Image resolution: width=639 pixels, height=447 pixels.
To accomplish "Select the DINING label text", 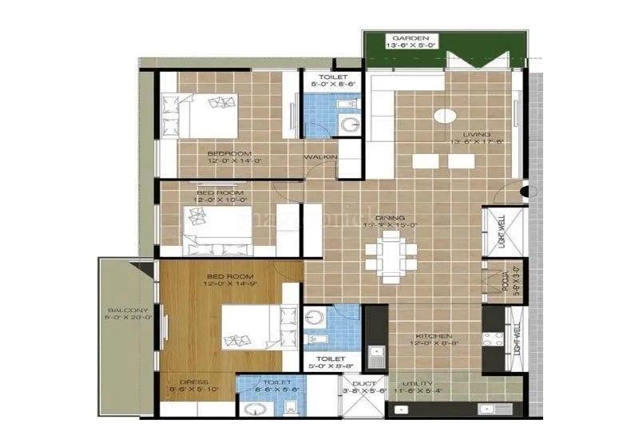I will (x=391, y=217).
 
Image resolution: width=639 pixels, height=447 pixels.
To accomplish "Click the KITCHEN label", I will (x=434, y=336).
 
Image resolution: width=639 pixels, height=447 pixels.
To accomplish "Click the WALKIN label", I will (x=320, y=157).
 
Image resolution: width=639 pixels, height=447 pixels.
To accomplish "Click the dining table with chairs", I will (x=389, y=254).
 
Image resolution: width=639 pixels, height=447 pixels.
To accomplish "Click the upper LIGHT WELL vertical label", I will (x=502, y=229).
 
